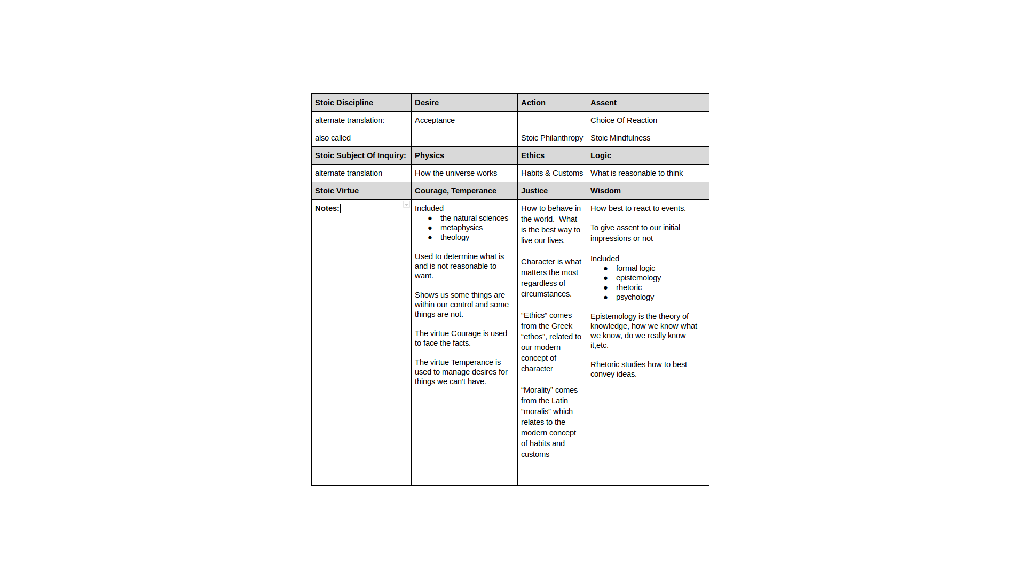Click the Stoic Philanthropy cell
[x=551, y=138]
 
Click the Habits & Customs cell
[x=551, y=173]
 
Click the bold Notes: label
[x=327, y=208]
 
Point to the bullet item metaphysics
[x=461, y=228]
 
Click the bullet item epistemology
[x=638, y=278]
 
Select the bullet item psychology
[x=635, y=297]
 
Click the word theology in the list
[x=454, y=237]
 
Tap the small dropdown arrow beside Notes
[x=406, y=205]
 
